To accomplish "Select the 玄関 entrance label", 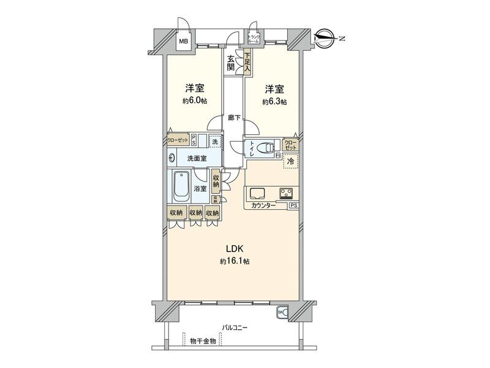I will click(x=230, y=63).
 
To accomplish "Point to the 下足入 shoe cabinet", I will click(x=247, y=63).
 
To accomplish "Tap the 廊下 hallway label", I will click(x=233, y=118).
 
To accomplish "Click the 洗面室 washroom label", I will click(x=197, y=158).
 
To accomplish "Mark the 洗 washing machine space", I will click(x=214, y=141).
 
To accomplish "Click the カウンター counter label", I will click(x=263, y=206).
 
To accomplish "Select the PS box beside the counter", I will click(x=294, y=206).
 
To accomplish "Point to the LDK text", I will click(x=235, y=249).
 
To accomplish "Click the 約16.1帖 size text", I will click(x=235, y=261).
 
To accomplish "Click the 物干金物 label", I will click(x=203, y=340).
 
